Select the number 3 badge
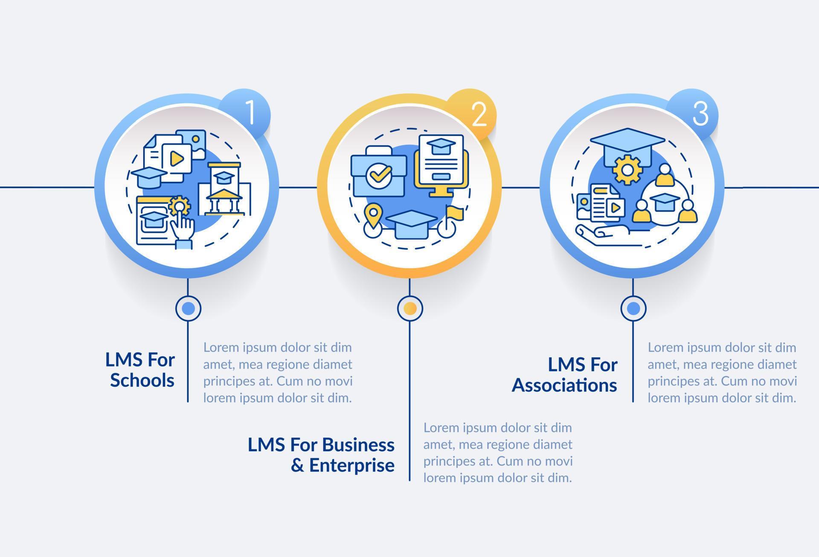700,113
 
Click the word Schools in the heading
142,380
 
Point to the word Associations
564,385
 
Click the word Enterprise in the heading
351,465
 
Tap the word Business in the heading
358,444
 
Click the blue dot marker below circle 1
188,308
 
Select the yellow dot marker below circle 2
410,308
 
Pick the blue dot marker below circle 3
633,308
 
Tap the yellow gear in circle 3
627,170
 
